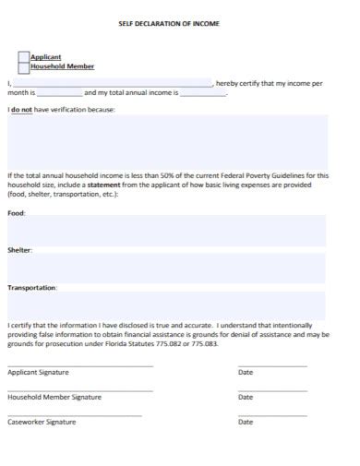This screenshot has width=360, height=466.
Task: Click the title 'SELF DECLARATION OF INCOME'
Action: tap(181, 23)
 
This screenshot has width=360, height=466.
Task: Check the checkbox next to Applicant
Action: tap(24, 57)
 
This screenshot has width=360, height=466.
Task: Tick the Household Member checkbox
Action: tap(24, 67)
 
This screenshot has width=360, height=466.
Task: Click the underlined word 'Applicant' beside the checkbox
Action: tap(46, 57)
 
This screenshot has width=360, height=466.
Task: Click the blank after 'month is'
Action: tap(60, 93)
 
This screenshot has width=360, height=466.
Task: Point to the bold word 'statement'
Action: tap(116, 185)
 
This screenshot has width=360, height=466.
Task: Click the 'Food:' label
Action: tap(17, 213)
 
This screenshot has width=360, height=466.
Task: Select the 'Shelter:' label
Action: tap(20, 250)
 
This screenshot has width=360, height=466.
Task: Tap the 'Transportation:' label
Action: tap(32, 288)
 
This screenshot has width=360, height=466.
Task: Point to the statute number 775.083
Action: tap(202, 344)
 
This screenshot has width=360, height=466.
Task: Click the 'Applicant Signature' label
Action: tap(38, 373)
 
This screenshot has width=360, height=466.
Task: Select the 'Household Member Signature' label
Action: tap(54, 398)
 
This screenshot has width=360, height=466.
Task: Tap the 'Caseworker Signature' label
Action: tap(42, 423)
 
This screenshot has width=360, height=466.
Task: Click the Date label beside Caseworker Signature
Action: tap(246, 423)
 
